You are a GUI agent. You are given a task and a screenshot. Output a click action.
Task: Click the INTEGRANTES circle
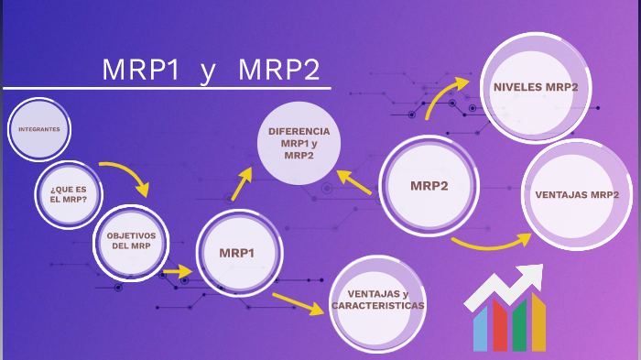click(x=39, y=129)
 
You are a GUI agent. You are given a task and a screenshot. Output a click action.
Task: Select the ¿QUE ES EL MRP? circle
click(x=69, y=194)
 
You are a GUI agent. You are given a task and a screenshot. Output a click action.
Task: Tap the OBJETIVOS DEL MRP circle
click(x=132, y=242)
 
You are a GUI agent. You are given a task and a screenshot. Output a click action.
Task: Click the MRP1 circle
click(x=236, y=253)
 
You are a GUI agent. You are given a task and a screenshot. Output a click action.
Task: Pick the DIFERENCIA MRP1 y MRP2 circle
click(x=299, y=144)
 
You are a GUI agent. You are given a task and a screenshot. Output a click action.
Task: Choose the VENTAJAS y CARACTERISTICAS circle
click(x=378, y=300)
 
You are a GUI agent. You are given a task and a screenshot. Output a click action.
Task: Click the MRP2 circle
click(x=429, y=186)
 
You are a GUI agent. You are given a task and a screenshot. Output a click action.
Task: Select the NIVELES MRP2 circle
click(x=536, y=88)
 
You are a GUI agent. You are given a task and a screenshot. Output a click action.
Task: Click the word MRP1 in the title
click(x=141, y=71)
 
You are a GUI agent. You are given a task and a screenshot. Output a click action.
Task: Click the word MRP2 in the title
click(x=278, y=71)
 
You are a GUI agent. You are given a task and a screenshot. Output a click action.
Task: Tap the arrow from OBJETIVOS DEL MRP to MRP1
click(x=177, y=272)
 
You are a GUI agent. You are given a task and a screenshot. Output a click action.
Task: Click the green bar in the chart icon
click(x=519, y=326)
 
